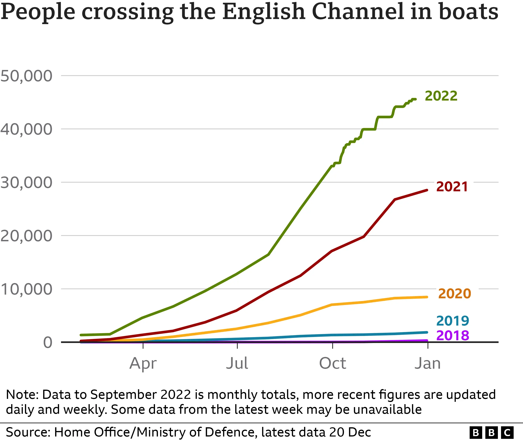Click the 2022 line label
coord(441,96)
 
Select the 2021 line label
coord(452,187)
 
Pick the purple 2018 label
coord(452,336)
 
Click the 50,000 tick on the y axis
coord(26,76)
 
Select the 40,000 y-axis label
coord(26,130)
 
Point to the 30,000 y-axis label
coord(26,183)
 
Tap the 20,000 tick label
coord(26,236)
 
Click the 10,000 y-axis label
coord(26,289)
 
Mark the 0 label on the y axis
coord(47,342)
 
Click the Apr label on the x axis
coord(143,364)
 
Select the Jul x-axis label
coord(237,364)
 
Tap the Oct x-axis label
coord(333,364)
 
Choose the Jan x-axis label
coord(427,364)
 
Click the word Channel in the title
coord(358,12)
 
